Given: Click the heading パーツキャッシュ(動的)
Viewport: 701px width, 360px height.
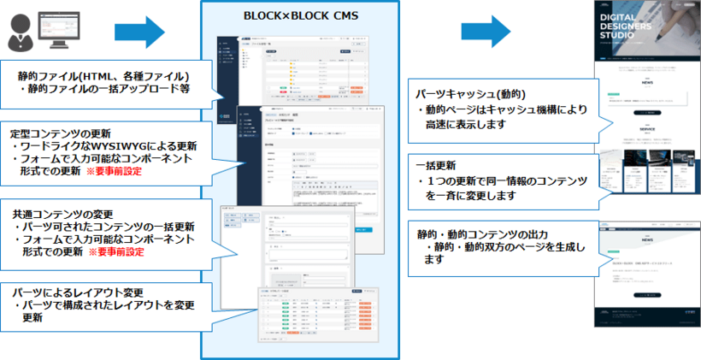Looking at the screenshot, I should (469, 93).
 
